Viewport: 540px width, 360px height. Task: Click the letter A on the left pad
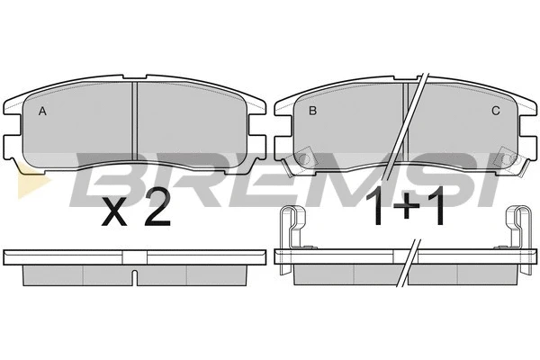point(42,111)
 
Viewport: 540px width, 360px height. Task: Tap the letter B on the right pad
point(312,111)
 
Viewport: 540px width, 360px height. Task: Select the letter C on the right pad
point(496,111)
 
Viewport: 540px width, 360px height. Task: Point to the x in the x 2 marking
point(114,213)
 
